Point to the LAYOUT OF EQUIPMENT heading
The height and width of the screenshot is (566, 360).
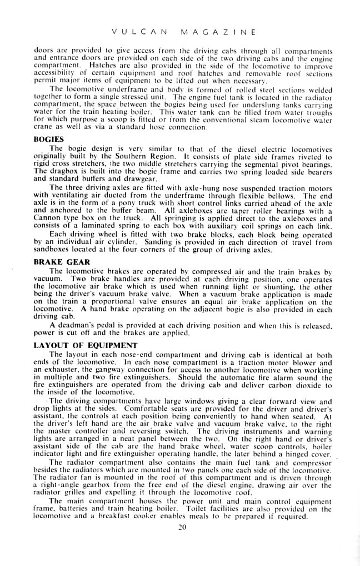point(77,345)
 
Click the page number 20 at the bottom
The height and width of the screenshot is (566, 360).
point(181,529)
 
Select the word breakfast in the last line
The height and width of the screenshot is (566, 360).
point(123,517)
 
